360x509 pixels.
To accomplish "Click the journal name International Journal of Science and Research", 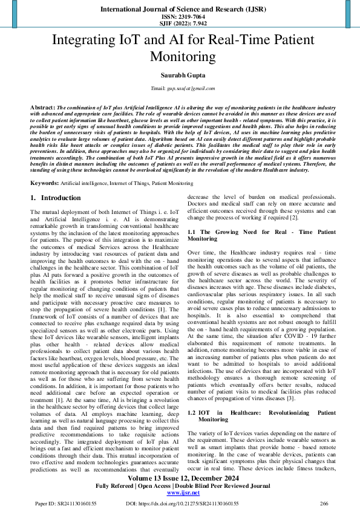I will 179,10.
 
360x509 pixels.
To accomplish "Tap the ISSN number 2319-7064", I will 179,18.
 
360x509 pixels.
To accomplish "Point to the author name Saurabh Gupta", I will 180,75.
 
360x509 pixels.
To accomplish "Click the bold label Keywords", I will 44,183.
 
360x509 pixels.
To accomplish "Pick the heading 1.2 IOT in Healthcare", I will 261,398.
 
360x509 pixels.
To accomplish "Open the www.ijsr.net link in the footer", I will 179,493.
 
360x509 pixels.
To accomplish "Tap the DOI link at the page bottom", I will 182,503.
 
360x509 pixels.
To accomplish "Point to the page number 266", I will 323,503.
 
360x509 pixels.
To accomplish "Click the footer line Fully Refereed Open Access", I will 179,486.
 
